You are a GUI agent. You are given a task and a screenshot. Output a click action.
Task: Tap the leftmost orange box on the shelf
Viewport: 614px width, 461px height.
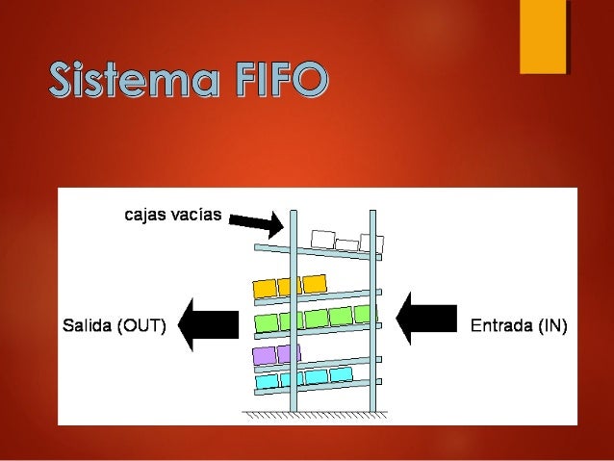point(262,287)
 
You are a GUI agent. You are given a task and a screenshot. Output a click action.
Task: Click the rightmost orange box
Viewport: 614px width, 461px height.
point(315,283)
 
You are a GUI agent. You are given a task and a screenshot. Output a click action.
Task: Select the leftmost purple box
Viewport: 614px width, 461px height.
point(262,355)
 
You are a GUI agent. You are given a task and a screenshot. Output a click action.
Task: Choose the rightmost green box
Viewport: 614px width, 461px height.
point(363,314)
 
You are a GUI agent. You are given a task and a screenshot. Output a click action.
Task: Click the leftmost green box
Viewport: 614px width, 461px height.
point(265,320)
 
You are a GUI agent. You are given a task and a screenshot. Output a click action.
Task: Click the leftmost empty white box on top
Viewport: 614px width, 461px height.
point(322,238)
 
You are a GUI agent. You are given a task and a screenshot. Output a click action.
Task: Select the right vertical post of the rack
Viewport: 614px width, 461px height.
point(371,308)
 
